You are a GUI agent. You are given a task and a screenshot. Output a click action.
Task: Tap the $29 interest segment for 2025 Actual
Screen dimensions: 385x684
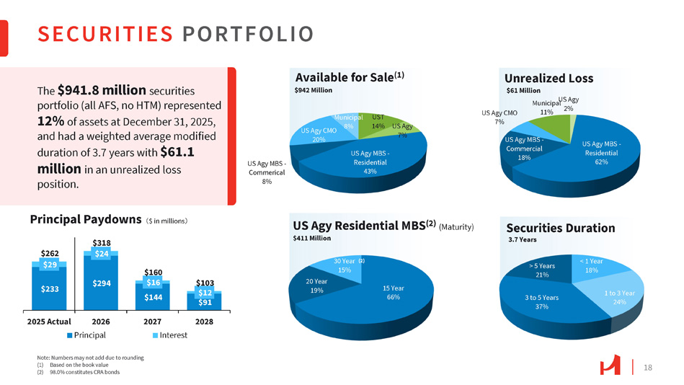click(x=49, y=265)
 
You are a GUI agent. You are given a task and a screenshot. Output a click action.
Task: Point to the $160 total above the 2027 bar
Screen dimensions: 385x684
click(x=154, y=272)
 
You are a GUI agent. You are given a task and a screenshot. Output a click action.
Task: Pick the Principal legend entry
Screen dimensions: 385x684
click(x=86, y=335)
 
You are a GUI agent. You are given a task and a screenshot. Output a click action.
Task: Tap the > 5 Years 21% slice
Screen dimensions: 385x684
click(x=543, y=270)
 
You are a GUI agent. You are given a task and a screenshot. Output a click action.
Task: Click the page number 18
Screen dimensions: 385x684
click(x=647, y=368)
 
